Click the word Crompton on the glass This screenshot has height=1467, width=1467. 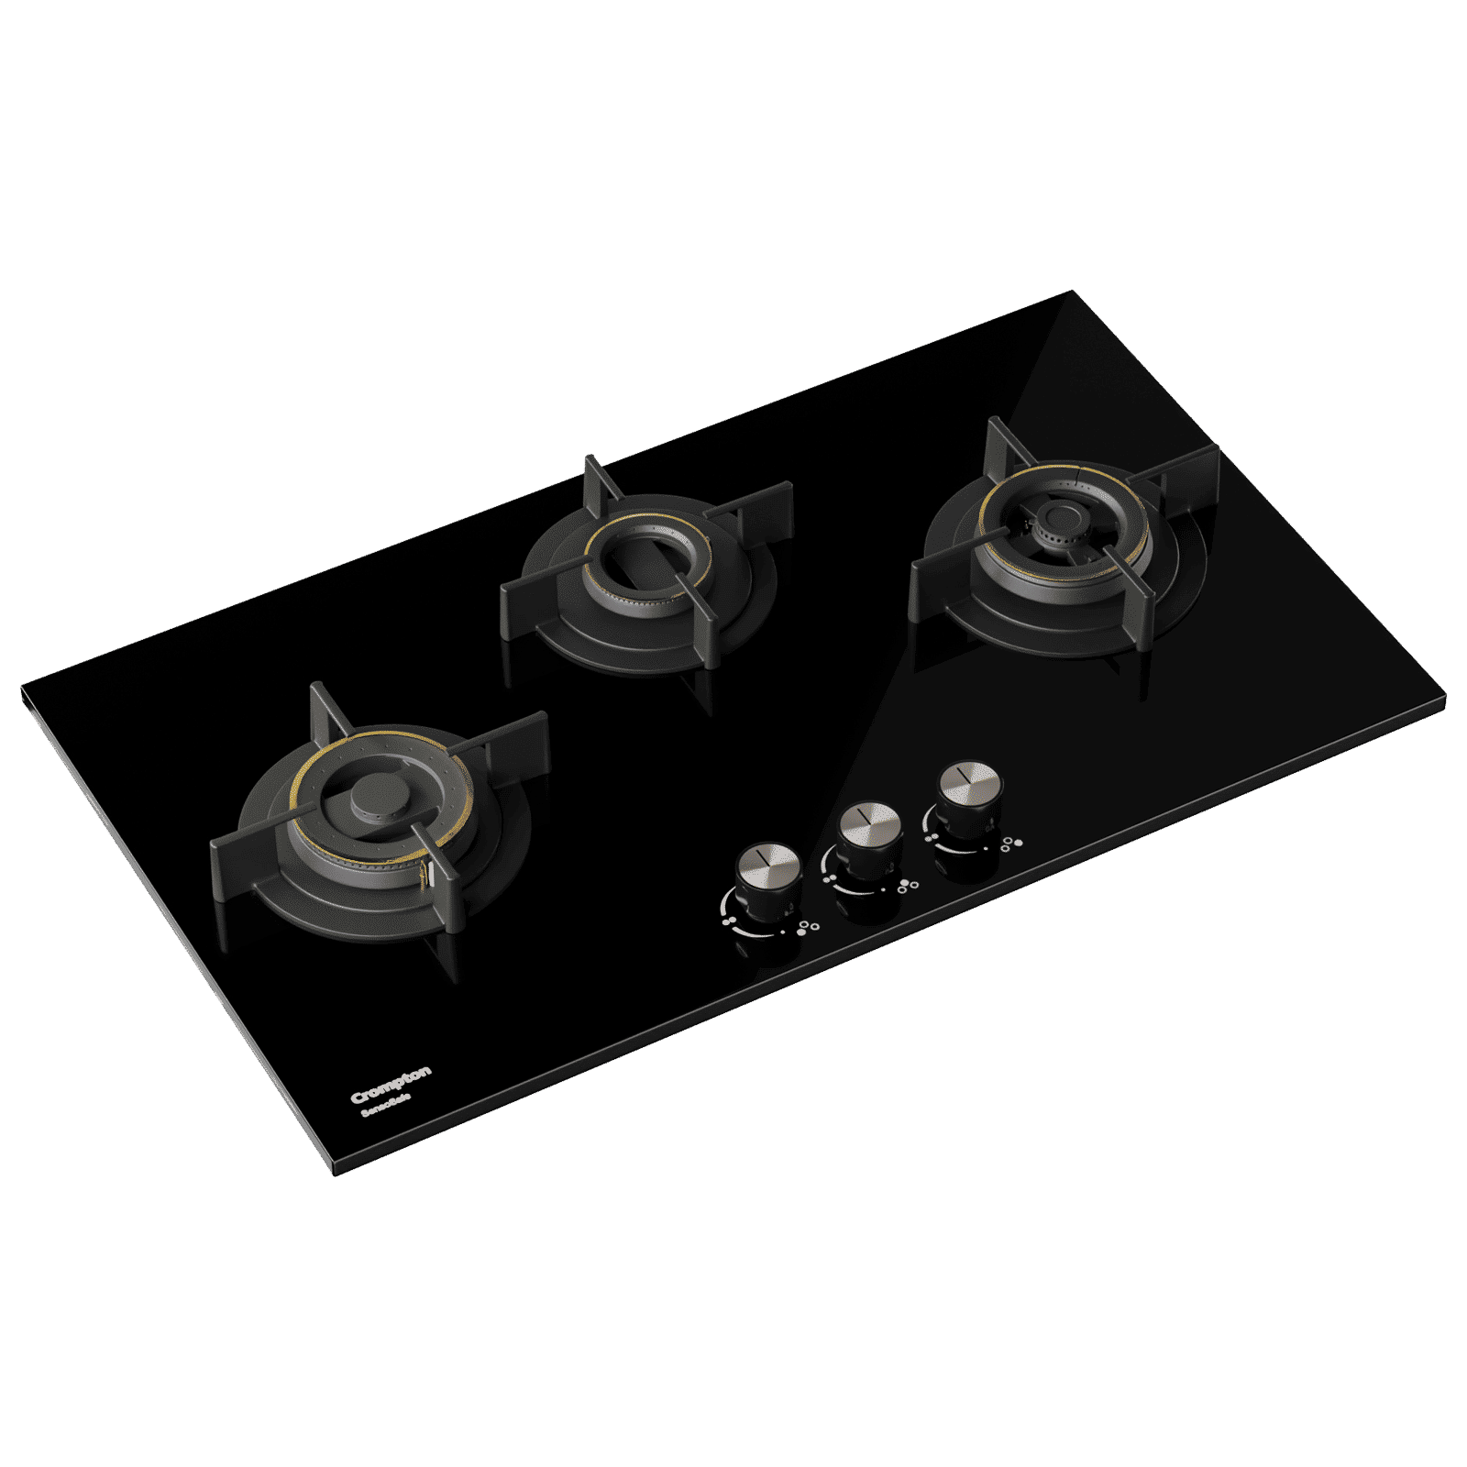(x=391, y=1085)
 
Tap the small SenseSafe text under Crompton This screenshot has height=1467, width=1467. (x=385, y=1105)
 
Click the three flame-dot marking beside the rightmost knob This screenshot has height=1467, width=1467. (x=1010, y=844)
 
